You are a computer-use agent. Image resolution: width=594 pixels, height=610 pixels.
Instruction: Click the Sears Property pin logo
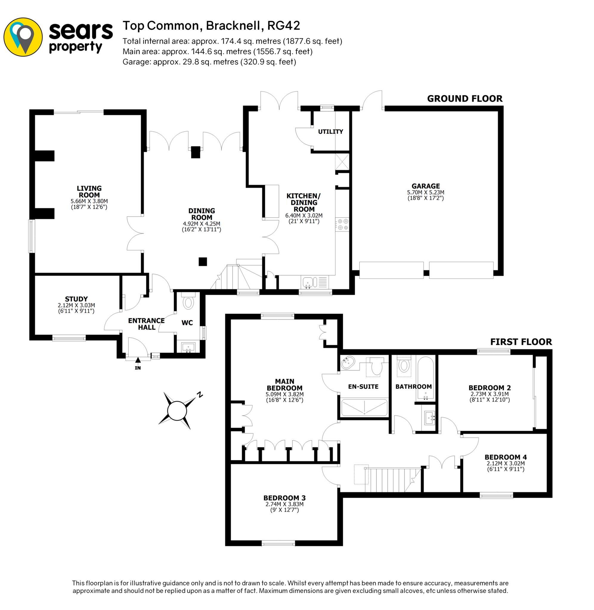(x=23, y=37)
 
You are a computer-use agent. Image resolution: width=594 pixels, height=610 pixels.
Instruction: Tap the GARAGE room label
(x=425, y=186)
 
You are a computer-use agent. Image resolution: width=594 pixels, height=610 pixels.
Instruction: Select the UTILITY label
(x=331, y=132)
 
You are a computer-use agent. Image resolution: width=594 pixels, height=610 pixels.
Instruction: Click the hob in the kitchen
(x=342, y=224)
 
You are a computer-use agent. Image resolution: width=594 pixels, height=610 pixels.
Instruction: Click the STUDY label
(x=76, y=299)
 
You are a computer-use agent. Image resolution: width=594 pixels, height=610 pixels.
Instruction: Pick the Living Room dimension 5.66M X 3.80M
(x=89, y=201)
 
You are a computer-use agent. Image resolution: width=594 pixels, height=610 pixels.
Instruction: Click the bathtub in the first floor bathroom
(x=425, y=379)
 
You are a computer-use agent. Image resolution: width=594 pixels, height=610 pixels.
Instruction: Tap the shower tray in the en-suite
(x=364, y=407)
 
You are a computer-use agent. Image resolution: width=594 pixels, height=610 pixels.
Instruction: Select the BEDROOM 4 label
(x=505, y=457)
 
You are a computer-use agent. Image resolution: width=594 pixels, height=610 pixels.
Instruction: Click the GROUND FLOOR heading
(x=465, y=99)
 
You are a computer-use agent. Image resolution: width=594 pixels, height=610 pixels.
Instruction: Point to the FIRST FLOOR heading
(x=521, y=342)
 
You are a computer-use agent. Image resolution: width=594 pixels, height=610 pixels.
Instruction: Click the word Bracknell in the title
(x=233, y=26)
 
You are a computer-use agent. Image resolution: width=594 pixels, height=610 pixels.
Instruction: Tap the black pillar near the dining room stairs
(x=203, y=261)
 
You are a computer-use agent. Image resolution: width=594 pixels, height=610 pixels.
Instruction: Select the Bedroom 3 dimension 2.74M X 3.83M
(x=284, y=504)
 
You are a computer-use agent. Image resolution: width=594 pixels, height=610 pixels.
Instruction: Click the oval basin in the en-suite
(x=348, y=363)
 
